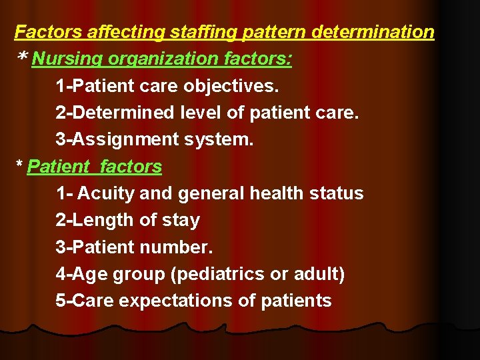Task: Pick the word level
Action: click(x=201, y=113)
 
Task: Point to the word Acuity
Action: click(x=101, y=193)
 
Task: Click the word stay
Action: click(x=181, y=220)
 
